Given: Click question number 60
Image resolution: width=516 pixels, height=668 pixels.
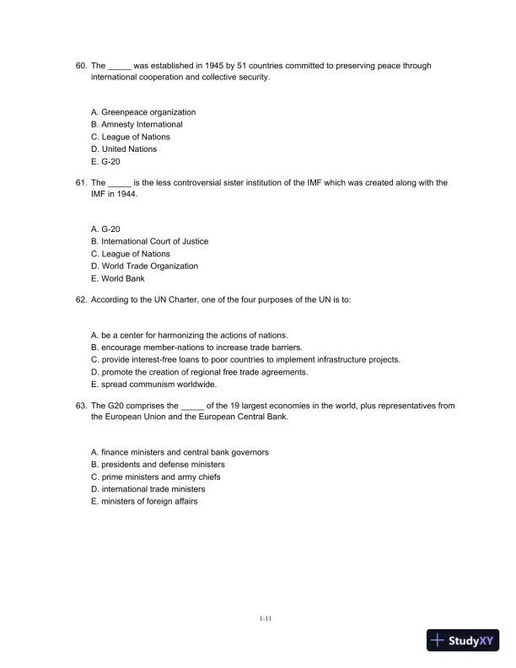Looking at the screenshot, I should pos(82,65).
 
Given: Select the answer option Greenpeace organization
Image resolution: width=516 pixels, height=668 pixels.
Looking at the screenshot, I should pos(142,112).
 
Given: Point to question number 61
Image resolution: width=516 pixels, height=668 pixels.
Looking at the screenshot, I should pos(82,182).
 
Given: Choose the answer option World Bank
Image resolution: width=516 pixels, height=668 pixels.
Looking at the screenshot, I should pos(117,278).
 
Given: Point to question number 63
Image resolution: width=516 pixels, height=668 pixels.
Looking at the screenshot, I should pos(82,406).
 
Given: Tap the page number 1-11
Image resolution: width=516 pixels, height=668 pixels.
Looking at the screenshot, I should pos(265,620).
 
